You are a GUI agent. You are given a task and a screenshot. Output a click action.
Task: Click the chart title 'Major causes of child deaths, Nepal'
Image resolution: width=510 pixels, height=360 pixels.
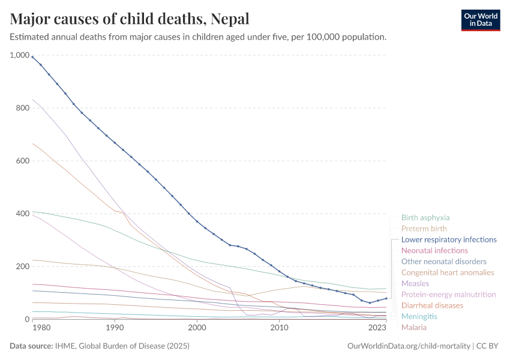[130, 18]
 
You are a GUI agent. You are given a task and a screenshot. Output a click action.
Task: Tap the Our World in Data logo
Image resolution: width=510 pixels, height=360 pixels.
[480, 20]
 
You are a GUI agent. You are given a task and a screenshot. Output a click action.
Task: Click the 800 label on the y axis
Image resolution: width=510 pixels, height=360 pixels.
[22, 108]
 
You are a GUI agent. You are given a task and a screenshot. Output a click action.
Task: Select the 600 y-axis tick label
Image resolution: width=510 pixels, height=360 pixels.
[22, 161]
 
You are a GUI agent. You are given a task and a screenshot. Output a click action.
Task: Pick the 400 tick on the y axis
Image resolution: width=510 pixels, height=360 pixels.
[22, 214]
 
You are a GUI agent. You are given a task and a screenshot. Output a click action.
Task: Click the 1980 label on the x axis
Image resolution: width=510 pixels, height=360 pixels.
[41, 328]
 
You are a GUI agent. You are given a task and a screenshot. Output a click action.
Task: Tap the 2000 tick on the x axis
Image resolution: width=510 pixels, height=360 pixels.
[197, 328]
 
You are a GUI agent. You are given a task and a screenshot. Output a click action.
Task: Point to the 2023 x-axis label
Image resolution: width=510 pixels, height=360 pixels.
[377, 328]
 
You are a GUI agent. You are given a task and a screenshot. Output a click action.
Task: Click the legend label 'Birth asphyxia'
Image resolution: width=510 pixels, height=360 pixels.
[425, 218]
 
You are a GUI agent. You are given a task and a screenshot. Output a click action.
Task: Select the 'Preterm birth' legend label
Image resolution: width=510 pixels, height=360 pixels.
[424, 229]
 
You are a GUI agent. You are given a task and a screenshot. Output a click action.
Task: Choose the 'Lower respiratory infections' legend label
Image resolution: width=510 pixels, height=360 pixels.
[449, 239]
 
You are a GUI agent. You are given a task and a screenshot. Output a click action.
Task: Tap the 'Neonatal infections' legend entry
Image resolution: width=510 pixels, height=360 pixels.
[434, 250]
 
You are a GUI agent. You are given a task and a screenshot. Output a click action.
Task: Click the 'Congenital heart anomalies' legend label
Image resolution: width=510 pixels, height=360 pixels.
[447, 272]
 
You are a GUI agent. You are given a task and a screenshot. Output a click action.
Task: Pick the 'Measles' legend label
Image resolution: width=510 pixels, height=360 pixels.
[415, 283]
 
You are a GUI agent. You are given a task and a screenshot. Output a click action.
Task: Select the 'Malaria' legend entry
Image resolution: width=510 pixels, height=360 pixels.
[414, 327]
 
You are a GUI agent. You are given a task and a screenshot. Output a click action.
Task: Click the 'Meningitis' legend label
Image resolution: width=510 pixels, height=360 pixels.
[419, 316]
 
